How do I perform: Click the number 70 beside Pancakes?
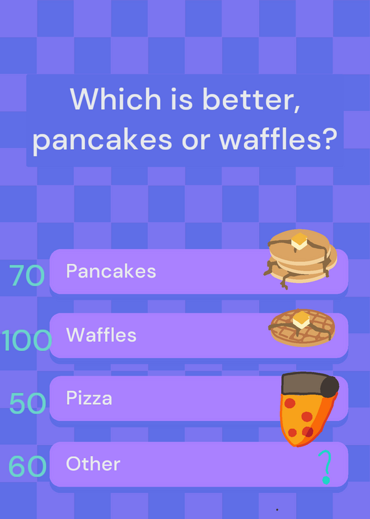(x=27, y=275)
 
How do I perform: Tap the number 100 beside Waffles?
(x=27, y=340)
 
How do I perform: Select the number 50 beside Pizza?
(x=27, y=403)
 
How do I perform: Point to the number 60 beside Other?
(x=27, y=466)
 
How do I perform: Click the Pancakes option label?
(x=111, y=271)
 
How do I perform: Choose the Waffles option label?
(x=101, y=335)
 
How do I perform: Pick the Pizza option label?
(x=89, y=398)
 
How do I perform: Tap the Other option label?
(x=93, y=464)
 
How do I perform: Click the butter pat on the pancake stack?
(x=299, y=241)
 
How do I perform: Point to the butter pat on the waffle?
(x=301, y=320)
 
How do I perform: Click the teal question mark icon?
(x=325, y=467)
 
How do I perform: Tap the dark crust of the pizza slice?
(x=310, y=385)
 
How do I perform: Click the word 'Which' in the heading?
(x=115, y=99)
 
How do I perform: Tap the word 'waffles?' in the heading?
(x=278, y=138)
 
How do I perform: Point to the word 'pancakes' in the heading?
(x=102, y=140)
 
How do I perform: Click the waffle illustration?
(x=303, y=327)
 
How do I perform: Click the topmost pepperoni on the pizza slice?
(x=290, y=403)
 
